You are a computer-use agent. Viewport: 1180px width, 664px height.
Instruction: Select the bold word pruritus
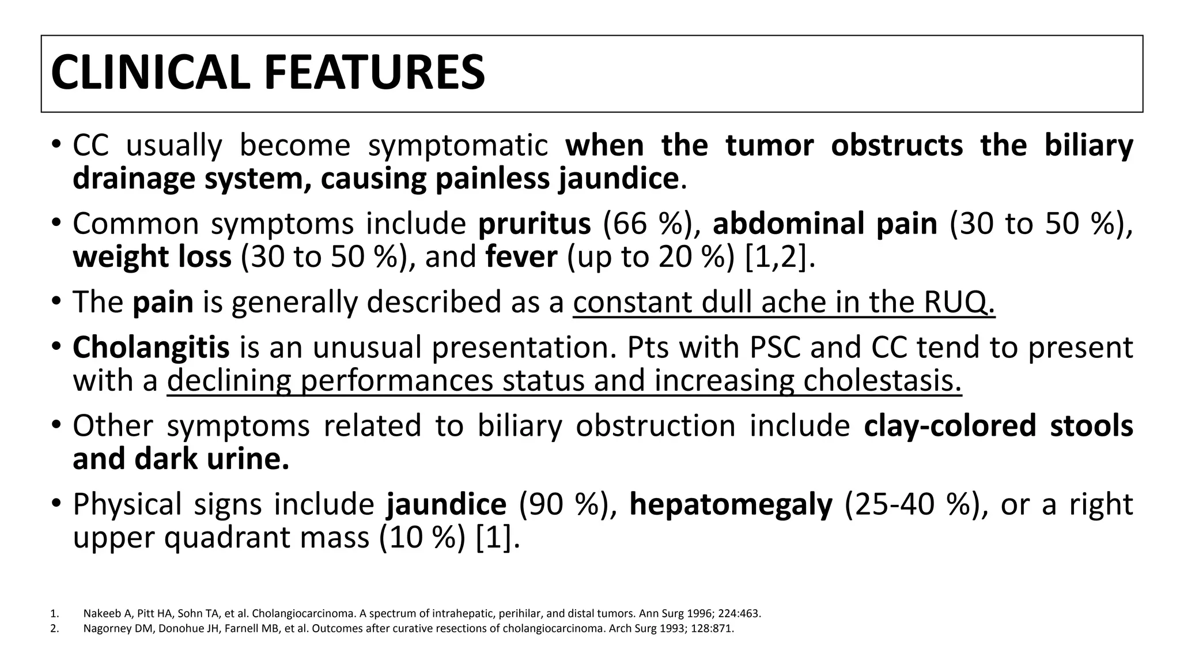[x=534, y=224]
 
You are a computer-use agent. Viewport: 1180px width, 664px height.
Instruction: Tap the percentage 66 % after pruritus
[x=647, y=224]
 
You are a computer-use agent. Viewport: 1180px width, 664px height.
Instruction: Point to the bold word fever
[x=521, y=257]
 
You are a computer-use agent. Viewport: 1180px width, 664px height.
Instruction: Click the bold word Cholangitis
[x=151, y=348]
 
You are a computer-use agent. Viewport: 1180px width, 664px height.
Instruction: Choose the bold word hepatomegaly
[x=731, y=504]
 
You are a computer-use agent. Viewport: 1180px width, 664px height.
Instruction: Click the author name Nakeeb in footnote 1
[x=99, y=614]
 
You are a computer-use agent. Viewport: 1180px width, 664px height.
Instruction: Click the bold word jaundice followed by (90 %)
[x=446, y=504]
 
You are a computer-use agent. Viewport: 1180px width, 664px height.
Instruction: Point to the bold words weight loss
[x=152, y=257]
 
